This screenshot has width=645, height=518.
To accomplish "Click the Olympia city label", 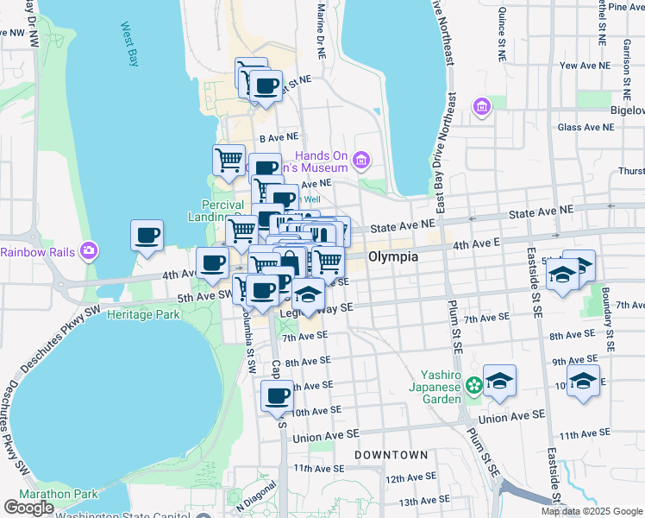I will coord(393,257).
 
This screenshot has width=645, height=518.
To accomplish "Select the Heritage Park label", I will coord(143,314).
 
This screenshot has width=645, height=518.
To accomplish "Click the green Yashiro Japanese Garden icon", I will coord(473,384).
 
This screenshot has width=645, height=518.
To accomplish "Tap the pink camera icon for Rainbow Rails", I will coord(88,251).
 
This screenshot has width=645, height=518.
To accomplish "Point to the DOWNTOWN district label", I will coord(391,454).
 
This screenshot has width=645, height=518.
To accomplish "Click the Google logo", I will coord(28,508).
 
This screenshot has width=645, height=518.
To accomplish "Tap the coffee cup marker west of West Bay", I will coord(147,236).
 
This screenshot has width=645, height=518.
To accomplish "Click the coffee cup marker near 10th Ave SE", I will coord(277,396).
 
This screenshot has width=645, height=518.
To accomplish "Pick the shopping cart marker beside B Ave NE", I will coord(229,160).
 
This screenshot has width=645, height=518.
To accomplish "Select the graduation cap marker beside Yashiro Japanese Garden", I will coord(499,381).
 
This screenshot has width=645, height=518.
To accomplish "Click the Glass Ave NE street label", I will coord(586,126).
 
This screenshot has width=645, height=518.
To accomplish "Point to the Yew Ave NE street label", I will coord(585,66).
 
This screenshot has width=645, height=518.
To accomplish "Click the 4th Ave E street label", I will coord(478,244).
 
